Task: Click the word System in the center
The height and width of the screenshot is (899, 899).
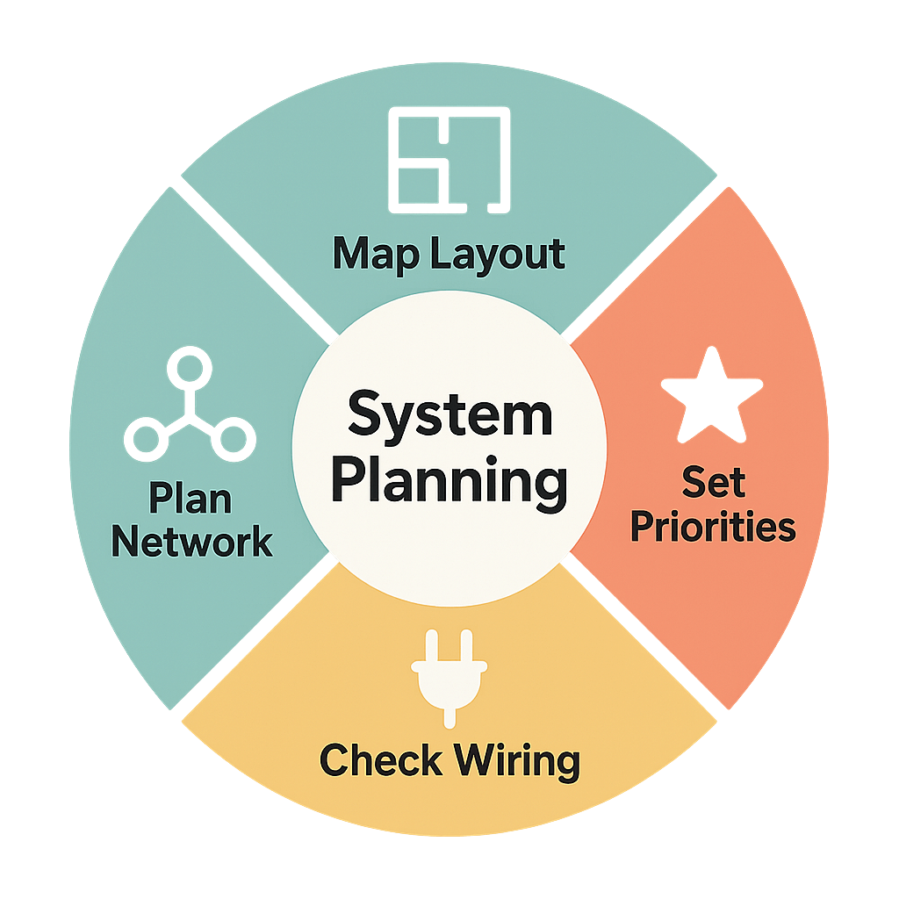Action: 449,416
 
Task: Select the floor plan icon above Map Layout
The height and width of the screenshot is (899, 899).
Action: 449,160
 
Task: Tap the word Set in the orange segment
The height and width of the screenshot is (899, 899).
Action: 713,482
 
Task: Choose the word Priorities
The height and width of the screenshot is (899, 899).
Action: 713,528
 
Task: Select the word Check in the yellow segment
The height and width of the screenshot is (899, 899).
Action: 379,760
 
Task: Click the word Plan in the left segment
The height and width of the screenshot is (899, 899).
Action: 190,499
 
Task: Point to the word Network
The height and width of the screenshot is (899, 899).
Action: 191,542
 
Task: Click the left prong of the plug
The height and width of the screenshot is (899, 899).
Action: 430,644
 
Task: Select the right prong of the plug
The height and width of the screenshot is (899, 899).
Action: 467,644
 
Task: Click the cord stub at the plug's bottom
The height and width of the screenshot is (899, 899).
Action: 449,716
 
